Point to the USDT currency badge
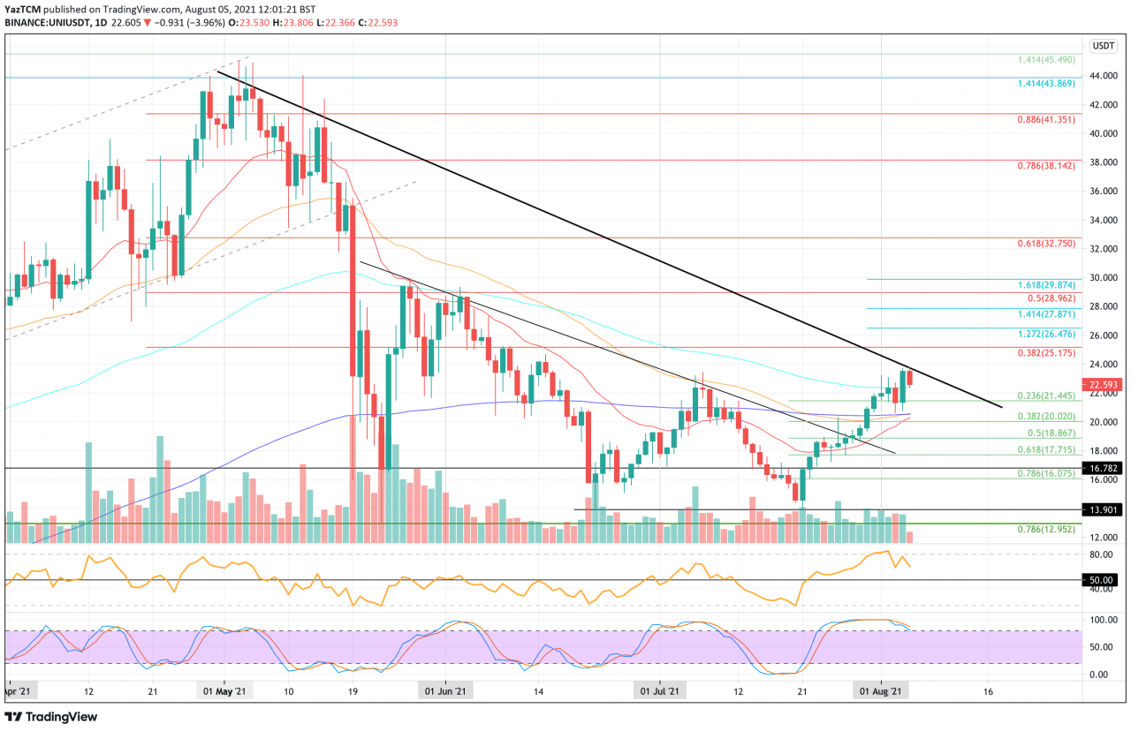(x=1104, y=46)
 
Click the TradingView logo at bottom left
(x=51, y=717)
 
